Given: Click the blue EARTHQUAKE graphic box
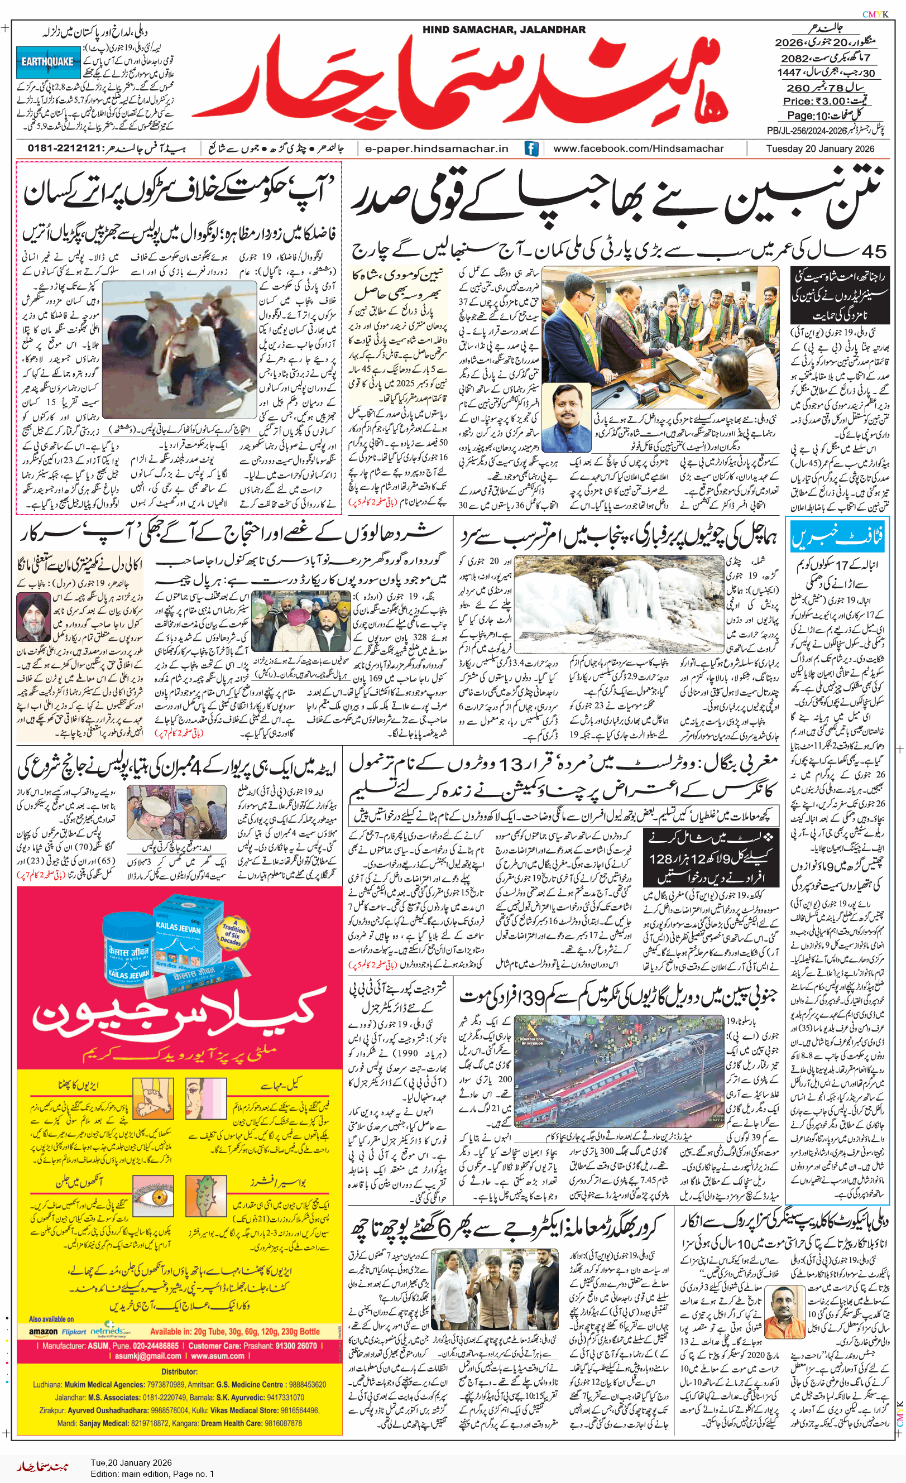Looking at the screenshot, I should click(x=48, y=62).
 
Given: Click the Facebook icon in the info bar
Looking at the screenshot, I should click(x=531, y=148).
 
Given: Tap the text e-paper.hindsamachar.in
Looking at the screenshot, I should click(x=437, y=148).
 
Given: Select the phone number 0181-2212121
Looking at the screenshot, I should click(x=64, y=148).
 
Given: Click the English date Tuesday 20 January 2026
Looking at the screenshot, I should click(x=820, y=148).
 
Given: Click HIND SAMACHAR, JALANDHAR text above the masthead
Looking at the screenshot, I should click(x=504, y=30).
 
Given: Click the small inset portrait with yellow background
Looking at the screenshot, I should click(x=566, y=417).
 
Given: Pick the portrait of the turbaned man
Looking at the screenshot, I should click(x=33, y=616).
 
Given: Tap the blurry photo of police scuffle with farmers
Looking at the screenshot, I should click(x=179, y=350).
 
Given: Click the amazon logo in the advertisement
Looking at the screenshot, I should click(x=44, y=1331).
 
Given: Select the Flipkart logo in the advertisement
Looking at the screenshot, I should click(x=74, y=1332).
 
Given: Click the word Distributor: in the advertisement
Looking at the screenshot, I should click(x=179, y=1372).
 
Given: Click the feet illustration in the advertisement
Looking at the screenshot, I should click(x=153, y=1099).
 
